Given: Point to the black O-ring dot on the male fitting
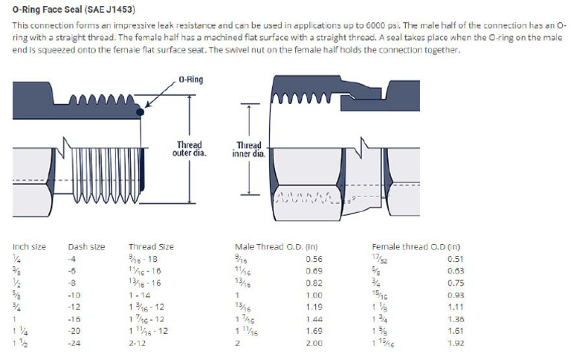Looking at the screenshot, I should click(140, 112).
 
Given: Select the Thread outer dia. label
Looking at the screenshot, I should click(189, 149).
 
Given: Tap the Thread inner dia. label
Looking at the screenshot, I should click(248, 150).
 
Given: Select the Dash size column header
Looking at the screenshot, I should click(86, 246).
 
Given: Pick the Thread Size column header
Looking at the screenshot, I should click(151, 246).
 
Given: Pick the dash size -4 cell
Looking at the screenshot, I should click(72, 258).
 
